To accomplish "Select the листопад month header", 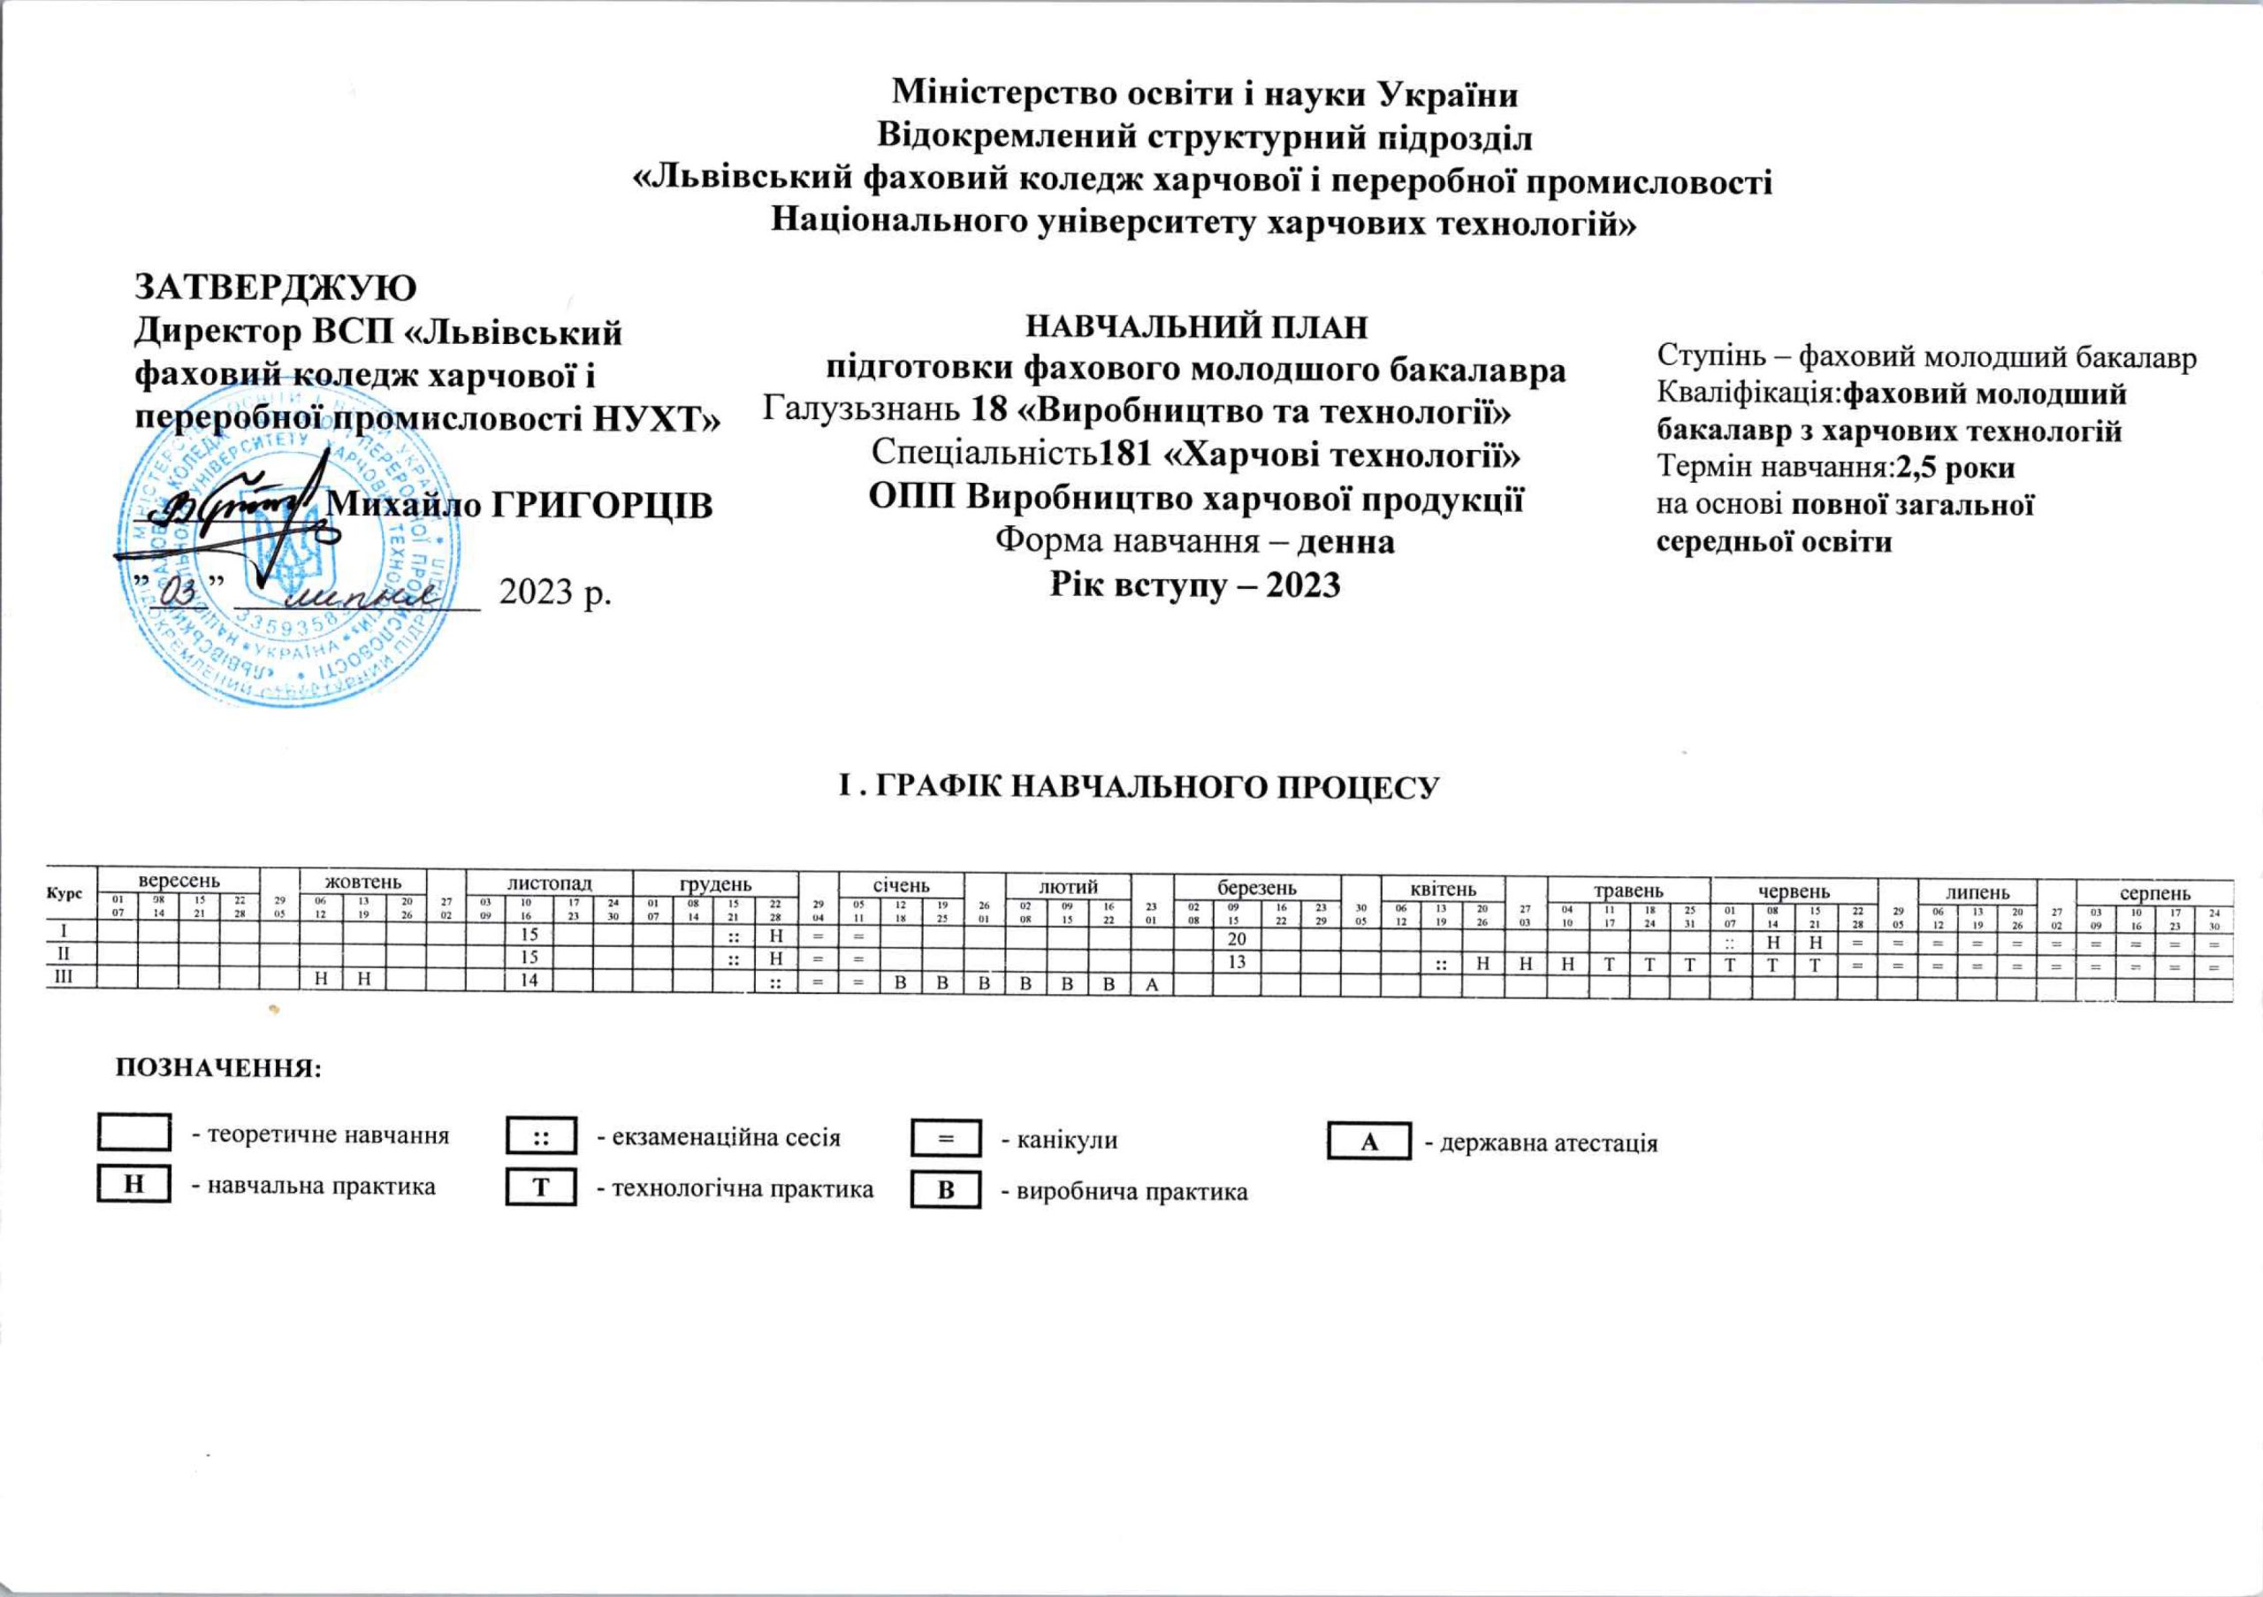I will [549, 883].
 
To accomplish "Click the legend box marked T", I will [540, 1188].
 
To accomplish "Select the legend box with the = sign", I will [945, 1139].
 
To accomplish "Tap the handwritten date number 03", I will [179, 593].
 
